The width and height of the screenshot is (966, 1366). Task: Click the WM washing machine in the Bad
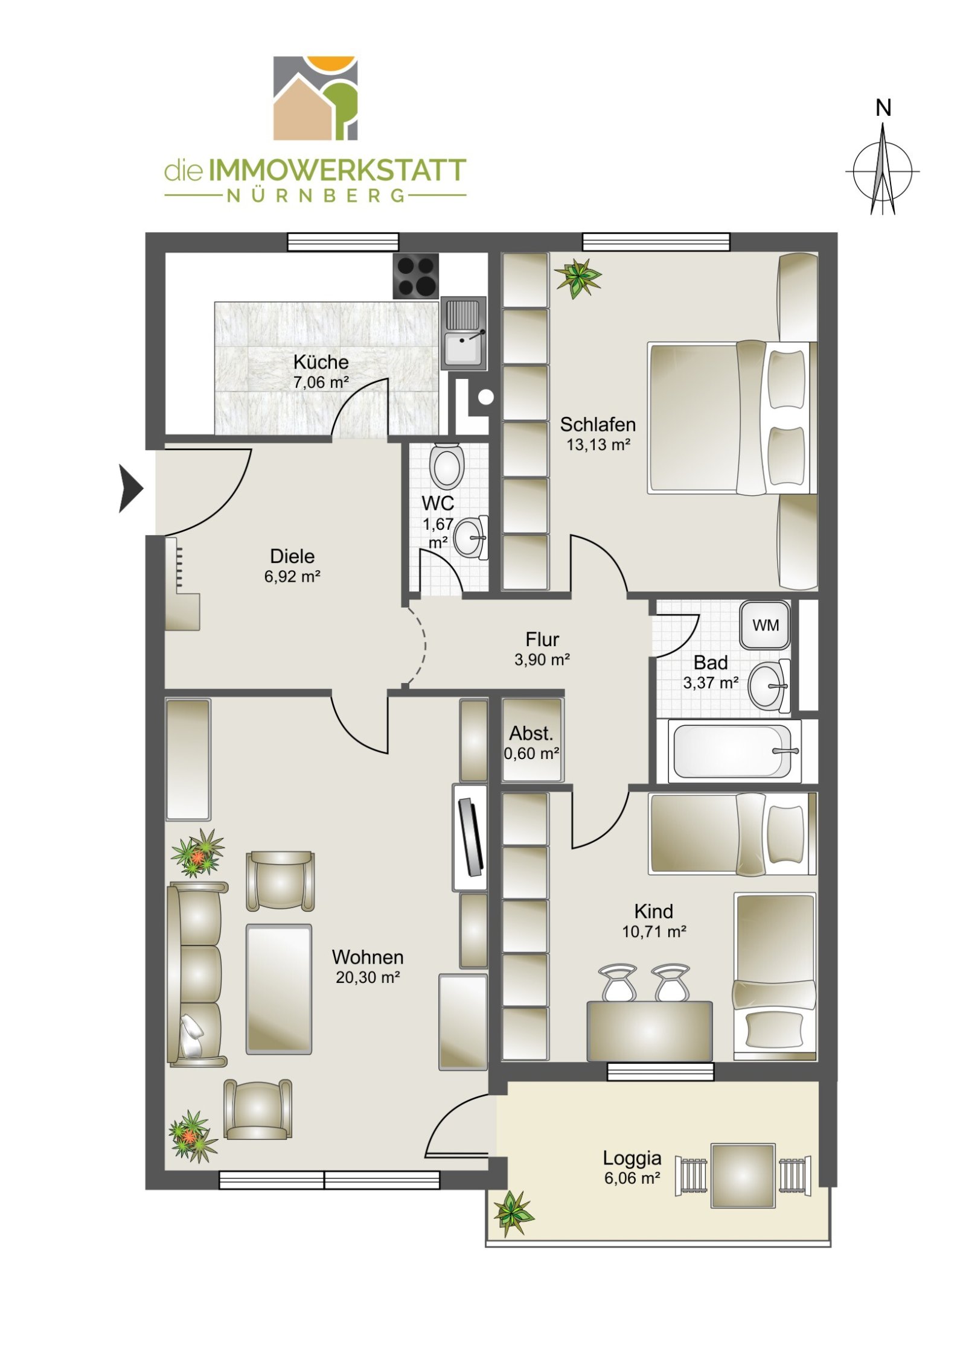coord(765,624)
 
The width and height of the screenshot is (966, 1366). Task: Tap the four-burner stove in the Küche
coord(415,276)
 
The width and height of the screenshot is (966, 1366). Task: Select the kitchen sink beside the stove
coord(463,332)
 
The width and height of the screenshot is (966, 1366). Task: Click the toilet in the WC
coord(447,466)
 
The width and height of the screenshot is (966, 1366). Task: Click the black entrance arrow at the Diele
coord(131,489)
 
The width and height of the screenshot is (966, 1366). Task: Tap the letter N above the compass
coord(883,109)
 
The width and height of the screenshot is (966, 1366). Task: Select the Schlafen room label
coord(598,424)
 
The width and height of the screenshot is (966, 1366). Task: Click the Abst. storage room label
coord(531,733)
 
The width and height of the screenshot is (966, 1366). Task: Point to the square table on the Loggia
coord(743,1175)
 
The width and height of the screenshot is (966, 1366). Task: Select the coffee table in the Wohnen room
coord(279,989)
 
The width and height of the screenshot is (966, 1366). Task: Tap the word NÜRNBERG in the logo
coord(315,195)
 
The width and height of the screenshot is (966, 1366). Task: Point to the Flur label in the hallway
coord(542,639)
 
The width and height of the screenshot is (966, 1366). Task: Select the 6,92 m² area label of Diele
coord(292,576)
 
